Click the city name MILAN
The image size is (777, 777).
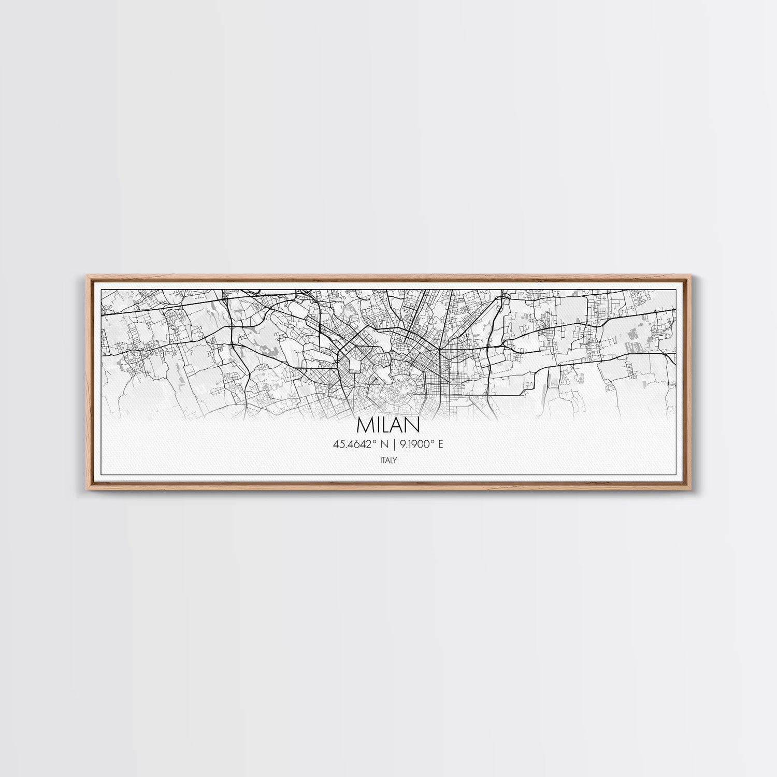click(388, 424)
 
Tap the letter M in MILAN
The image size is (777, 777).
click(365, 424)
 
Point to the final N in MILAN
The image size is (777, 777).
click(412, 424)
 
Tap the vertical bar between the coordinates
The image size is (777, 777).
click(395, 444)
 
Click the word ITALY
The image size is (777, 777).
click(388, 459)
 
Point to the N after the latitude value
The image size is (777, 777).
click(384, 444)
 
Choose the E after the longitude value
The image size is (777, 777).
click(441, 444)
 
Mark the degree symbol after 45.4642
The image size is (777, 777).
click(375, 441)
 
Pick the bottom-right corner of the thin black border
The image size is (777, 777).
click(678, 474)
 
